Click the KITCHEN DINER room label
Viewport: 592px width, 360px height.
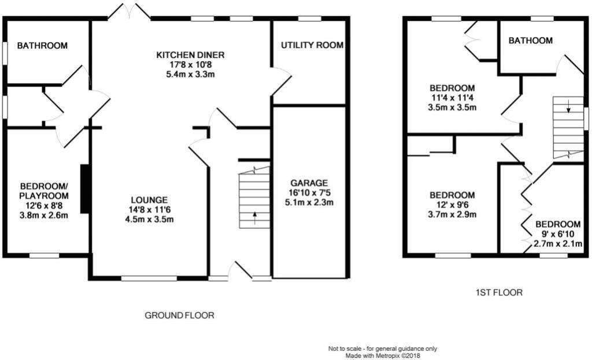pos(190,55)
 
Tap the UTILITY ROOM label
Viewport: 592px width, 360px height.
pos(312,45)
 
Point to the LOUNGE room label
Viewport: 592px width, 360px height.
pos(149,199)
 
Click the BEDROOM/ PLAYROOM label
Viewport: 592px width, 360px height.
pos(44,191)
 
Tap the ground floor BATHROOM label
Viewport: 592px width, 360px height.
pos(42,45)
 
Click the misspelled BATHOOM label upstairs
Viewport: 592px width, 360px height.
pos(530,40)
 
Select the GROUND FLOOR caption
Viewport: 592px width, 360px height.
pos(179,316)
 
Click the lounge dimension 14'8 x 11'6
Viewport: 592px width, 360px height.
pos(149,209)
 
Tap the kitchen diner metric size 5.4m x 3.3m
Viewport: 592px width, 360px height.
pos(190,75)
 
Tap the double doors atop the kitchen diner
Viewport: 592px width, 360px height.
pos(129,11)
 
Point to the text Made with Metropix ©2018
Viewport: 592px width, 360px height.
pos(382,356)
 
